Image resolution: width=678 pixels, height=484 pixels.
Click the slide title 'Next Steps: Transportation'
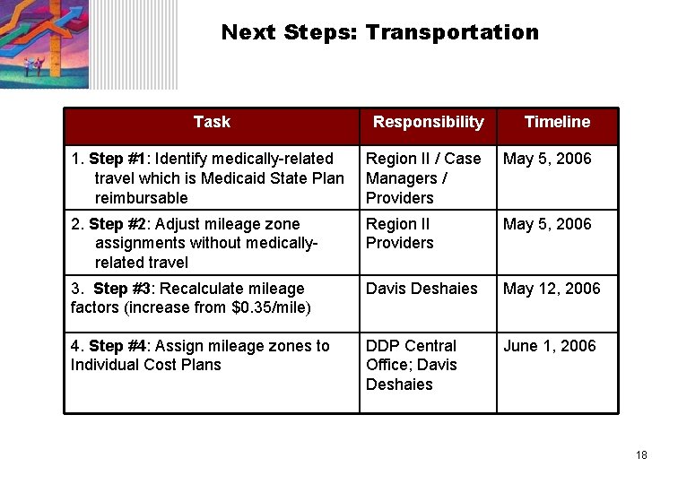379,33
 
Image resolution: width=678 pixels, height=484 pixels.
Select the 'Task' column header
212,122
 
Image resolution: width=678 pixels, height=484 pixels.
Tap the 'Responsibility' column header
428,122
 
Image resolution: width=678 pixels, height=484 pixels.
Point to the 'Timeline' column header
557,122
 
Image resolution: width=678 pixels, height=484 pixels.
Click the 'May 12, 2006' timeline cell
552,289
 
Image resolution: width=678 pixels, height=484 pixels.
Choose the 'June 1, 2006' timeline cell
549,346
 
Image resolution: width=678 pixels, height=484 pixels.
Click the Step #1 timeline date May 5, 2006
547,159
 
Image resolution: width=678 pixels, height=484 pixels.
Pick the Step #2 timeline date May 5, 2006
547,224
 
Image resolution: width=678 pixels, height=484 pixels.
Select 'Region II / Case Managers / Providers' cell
422,178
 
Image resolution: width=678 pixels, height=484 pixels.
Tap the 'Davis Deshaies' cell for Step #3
421,289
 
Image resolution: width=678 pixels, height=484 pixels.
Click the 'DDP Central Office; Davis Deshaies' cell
412,365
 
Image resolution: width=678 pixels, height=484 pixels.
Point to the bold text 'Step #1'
118,159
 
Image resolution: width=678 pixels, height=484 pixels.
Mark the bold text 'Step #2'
118,224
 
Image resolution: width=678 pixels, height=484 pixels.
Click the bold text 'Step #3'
123,289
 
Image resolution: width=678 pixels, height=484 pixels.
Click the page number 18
640,455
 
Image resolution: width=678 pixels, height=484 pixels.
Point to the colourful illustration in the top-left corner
45,43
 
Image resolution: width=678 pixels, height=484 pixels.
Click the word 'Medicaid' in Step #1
231,178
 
